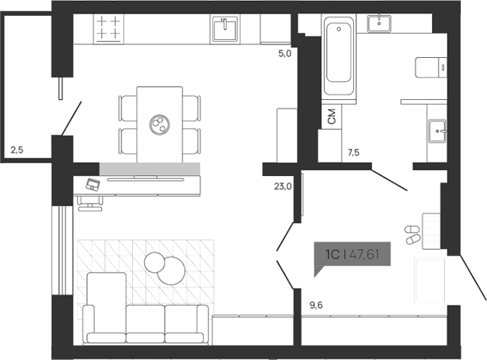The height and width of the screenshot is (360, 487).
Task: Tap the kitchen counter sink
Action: coord(225,29)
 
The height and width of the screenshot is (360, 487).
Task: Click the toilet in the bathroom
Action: coord(429,67)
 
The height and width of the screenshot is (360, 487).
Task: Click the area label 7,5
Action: coord(353,153)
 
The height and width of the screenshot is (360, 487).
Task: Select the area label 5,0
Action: coord(284,53)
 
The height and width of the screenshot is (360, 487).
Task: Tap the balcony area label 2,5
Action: coord(17,150)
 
